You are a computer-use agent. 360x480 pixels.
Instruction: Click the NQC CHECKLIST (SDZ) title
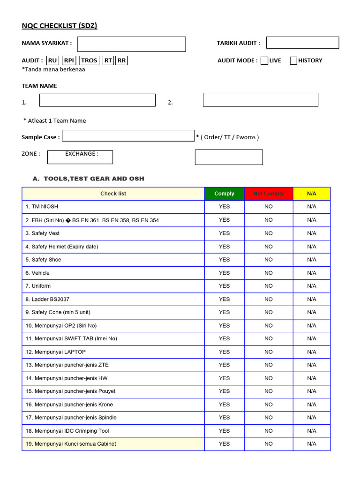[x=60, y=26]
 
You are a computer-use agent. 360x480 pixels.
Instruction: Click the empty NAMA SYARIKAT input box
[x=131, y=44]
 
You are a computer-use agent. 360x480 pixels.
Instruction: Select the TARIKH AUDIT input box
[x=302, y=43]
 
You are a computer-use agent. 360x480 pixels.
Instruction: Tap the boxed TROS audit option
[x=89, y=60]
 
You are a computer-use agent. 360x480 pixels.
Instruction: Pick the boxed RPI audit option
[x=69, y=60]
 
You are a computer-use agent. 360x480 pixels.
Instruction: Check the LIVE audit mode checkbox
[x=264, y=60]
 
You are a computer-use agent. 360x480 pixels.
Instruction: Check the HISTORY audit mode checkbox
[x=293, y=60]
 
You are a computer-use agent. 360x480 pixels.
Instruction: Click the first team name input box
[x=97, y=100]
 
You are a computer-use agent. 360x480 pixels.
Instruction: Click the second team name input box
[x=260, y=100]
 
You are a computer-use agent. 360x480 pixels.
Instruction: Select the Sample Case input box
[x=128, y=136]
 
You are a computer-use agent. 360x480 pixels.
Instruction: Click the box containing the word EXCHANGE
[x=80, y=157]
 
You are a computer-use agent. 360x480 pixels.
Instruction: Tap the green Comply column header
[x=224, y=194]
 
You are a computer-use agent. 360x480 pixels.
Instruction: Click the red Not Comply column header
[x=269, y=194]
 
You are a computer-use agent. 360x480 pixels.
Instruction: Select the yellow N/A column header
[x=312, y=194]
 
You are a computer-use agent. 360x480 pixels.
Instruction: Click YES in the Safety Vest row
[x=224, y=233]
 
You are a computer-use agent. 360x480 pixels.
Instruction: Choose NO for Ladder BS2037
[x=269, y=299]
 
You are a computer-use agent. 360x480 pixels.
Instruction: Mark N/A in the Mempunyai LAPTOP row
[x=312, y=352]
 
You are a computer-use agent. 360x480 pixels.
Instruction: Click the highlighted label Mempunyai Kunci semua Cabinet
[x=71, y=444]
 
